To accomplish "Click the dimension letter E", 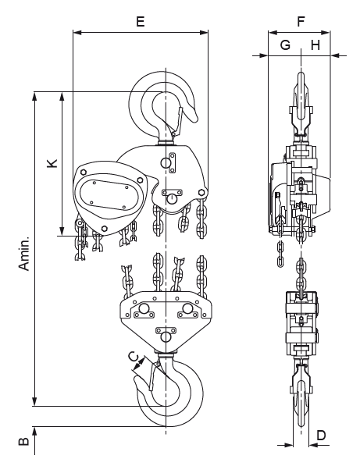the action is tap(141, 21).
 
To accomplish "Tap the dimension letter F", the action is tap(301, 21).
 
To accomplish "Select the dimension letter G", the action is tap(285, 44).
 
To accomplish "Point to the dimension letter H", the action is tap(315, 44).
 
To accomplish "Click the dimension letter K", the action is tap(52, 163).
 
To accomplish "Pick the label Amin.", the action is tap(24, 253).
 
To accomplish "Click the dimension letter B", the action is tap(23, 441).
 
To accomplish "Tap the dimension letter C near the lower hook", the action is tap(134, 356).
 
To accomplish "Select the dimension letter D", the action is tap(321, 436).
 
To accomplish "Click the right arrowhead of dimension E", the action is tap(205, 33).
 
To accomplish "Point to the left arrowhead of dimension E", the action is tap(77, 33).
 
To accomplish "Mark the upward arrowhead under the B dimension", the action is tap(34, 431).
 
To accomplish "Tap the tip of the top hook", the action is tap(195, 119).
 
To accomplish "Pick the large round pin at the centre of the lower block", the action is tap(166, 336).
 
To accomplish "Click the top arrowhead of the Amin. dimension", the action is tap(34, 96).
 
